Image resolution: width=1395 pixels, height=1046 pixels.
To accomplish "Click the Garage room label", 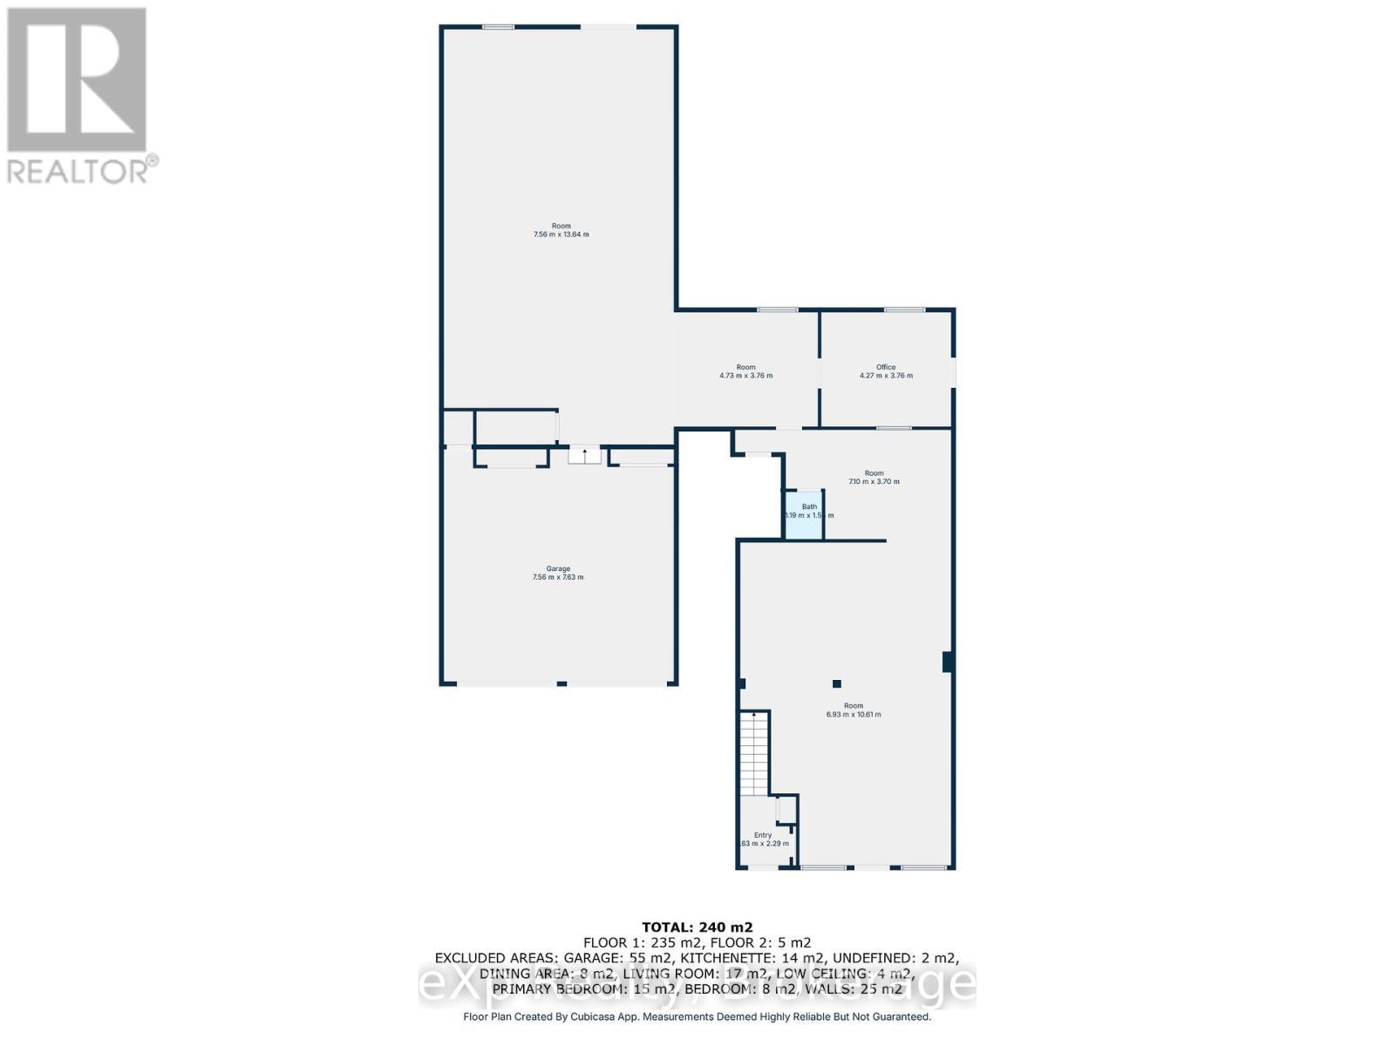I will pos(558,568).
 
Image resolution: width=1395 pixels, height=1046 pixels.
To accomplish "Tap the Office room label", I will pos(886,367).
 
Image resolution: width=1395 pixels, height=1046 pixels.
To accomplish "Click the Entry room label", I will pos(763,835).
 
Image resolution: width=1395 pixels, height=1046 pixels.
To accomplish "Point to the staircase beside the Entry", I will pos(755,751).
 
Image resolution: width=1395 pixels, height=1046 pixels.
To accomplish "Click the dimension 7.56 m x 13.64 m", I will pos(561,234).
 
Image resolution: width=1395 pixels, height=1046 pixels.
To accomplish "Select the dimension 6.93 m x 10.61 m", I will pos(854,715).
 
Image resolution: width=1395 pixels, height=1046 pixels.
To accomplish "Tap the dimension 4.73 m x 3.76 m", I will pos(745,376).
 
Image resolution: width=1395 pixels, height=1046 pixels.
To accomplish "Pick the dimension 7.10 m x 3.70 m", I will pos(874,482).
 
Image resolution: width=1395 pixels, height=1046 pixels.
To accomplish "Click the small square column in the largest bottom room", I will pos(836,684).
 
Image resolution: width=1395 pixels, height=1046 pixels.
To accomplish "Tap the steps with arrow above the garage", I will pos(584,455).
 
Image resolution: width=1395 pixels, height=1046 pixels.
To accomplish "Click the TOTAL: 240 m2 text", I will pos(697,927).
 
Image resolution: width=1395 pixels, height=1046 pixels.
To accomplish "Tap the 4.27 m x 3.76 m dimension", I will pos(886,376).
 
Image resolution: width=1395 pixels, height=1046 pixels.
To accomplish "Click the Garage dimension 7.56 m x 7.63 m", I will pos(558,577).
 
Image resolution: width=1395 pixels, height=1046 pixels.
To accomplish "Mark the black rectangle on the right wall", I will pos(947,662).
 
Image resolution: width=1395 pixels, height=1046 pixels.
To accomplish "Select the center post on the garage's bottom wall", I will pos(561,684).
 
